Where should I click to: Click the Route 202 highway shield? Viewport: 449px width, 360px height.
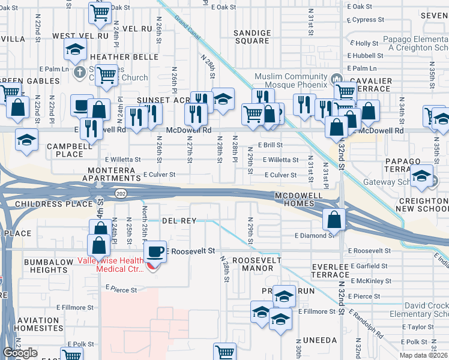pos(120,193)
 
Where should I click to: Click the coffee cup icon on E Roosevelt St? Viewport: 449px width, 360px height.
pos(155,251)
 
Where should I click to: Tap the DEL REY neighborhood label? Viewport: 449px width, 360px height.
pos(179,221)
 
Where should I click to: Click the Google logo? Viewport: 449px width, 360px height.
pos(20,353)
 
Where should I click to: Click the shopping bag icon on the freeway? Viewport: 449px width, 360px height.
pos(334,220)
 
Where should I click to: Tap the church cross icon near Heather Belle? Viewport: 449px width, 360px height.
pos(79,73)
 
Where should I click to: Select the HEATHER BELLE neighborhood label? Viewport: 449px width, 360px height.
pos(124,57)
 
